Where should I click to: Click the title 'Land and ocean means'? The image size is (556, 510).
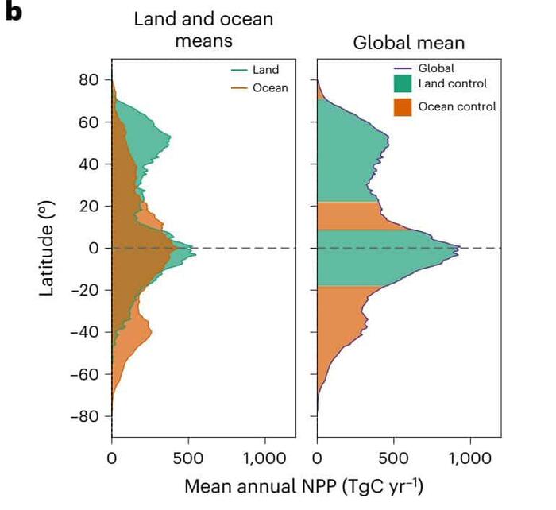click(203, 29)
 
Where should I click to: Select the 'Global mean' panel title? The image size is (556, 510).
click(409, 42)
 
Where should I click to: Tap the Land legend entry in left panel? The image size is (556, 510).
click(255, 71)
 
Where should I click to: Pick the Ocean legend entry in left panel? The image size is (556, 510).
click(255, 87)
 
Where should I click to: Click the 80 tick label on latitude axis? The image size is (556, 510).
click(89, 80)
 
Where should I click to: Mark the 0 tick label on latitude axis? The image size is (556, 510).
click(94, 249)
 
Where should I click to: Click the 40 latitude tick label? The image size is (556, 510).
click(89, 164)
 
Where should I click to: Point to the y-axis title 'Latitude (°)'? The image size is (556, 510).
click(48, 249)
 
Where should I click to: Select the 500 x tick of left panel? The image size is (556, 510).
click(188, 458)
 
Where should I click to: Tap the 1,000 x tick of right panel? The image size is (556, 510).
click(470, 458)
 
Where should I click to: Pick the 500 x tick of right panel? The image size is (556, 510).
click(394, 458)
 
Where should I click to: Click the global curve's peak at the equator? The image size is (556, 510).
click(459, 249)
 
